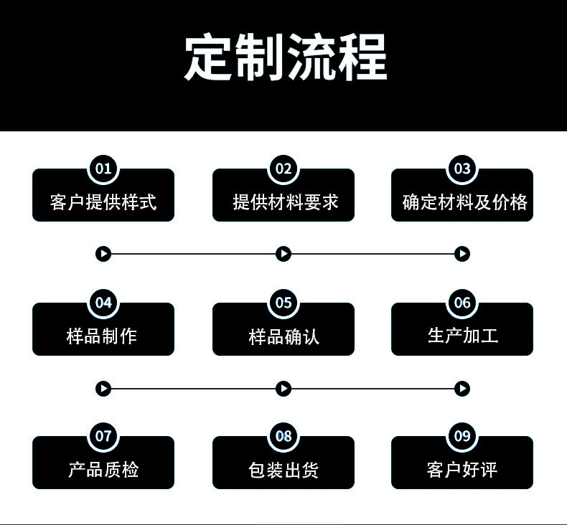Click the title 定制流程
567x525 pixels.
pos(285,57)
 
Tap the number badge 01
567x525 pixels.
pos(103,169)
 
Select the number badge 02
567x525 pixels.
pos(283,169)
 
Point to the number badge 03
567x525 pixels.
pos(462,169)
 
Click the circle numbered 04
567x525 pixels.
pos(103,303)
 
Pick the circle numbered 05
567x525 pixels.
pos(283,303)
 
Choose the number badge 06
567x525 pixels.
pos(462,303)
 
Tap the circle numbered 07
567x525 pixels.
pos(103,436)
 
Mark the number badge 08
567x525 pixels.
pos(283,436)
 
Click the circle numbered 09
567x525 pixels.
pos(462,436)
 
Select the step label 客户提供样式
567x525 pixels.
pos(103,202)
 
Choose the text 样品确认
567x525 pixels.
pos(283,336)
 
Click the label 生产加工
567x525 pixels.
pos(462,336)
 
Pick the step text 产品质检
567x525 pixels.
pos(103,470)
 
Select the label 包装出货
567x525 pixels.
pos(283,470)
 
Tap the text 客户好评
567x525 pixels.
pos(462,470)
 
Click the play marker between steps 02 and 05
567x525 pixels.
pos(283,254)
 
